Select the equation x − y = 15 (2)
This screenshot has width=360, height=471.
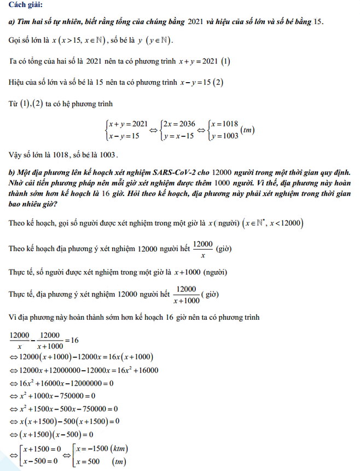point(201,82)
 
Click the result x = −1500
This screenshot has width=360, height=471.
point(88,450)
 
